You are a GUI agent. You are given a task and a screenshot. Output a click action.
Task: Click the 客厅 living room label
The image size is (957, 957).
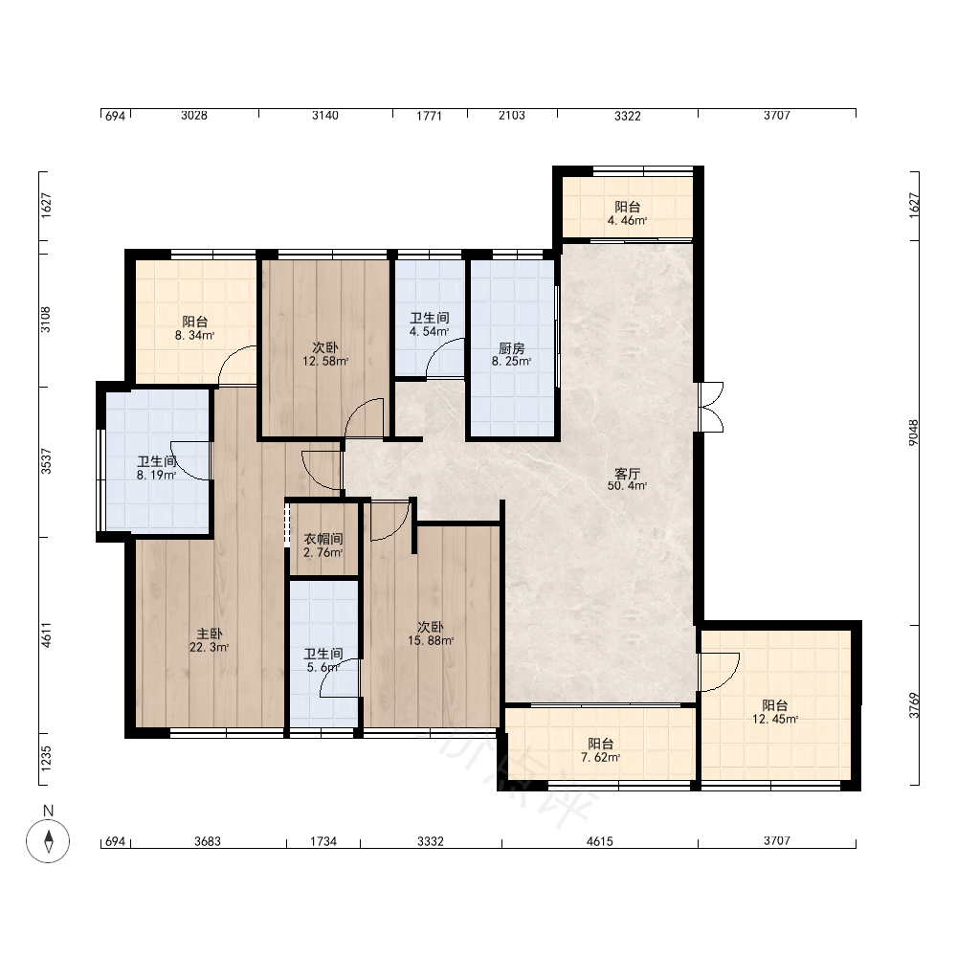[627, 474]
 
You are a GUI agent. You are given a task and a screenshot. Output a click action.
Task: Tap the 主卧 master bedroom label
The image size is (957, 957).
[209, 634]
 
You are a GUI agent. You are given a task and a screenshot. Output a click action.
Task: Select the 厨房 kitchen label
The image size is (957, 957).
[511, 348]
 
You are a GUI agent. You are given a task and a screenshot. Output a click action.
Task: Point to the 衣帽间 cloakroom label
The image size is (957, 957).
[323, 539]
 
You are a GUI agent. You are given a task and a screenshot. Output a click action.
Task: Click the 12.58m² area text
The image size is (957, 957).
[325, 362]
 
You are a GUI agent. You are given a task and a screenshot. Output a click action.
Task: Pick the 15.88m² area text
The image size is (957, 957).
[431, 641]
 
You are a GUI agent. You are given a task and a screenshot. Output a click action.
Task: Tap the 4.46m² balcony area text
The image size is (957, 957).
[627, 221]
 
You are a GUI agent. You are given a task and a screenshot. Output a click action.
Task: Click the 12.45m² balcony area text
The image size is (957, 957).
[774, 719]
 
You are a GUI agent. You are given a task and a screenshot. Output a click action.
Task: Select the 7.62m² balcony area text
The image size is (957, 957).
[601, 757]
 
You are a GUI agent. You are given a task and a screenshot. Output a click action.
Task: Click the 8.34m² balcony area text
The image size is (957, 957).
[194, 335]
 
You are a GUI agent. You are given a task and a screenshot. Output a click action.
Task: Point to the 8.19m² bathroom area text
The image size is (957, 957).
[156, 475]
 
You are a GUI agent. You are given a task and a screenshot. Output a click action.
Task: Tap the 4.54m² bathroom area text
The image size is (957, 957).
[429, 331]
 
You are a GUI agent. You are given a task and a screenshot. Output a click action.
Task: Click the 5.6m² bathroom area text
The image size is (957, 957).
[323, 668]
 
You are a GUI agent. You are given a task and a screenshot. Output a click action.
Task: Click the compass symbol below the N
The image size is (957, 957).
[48, 841]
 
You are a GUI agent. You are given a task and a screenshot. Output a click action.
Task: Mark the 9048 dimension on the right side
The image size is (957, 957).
[914, 433]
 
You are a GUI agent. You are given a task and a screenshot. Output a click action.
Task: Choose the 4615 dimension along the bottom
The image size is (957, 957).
[599, 841]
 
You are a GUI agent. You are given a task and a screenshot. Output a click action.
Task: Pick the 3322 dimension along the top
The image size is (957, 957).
[628, 116]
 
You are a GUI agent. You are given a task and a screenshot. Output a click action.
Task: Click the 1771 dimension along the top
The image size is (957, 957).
[429, 116]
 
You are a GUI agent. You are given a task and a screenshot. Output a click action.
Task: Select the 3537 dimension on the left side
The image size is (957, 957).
[46, 461]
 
